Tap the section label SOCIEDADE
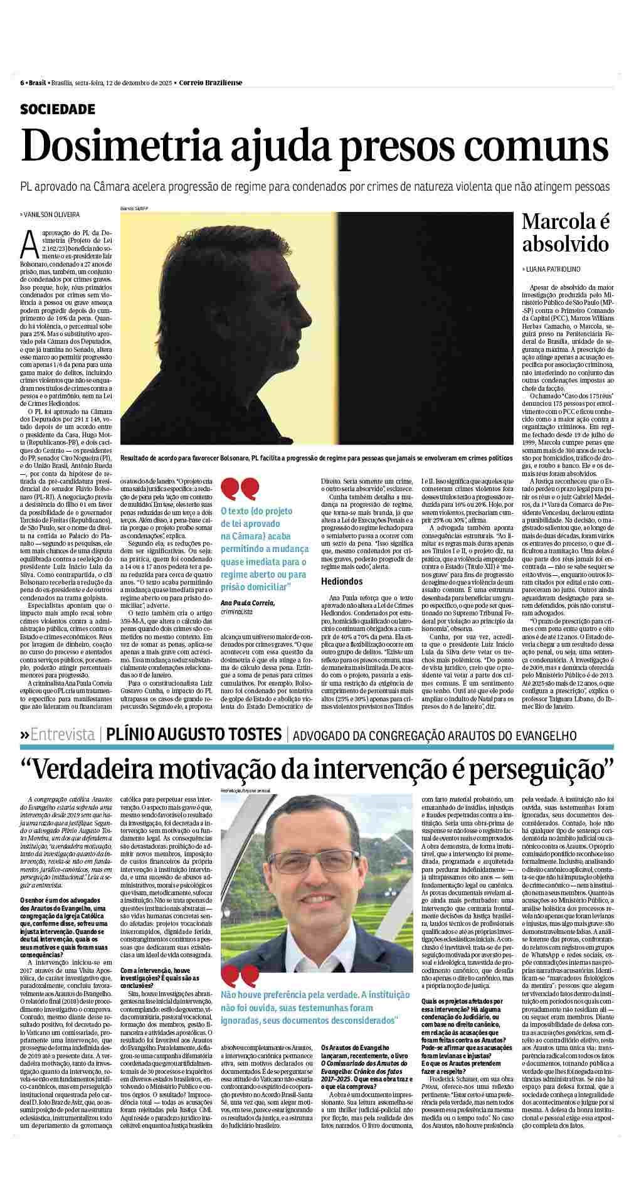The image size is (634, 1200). pyautogui.click(x=58, y=109)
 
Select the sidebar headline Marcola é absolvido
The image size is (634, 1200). pyautogui.click(x=566, y=231)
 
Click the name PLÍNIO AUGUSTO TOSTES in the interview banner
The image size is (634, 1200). pyautogui.click(x=193, y=733)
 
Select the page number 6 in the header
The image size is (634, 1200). pyautogui.click(x=22, y=83)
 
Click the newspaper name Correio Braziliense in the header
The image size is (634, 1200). pyautogui.click(x=211, y=83)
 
